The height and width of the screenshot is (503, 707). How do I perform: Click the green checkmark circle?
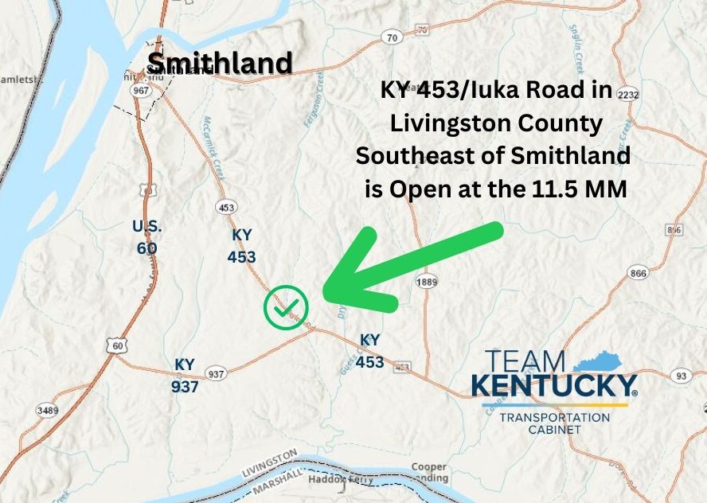click(x=286, y=306)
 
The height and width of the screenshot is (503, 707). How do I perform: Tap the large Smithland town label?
click(x=220, y=63)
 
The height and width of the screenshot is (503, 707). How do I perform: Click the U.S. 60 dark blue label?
click(x=147, y=237)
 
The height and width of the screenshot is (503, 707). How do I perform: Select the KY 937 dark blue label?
click(x=185, y=375)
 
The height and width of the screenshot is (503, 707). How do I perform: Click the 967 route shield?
click(x=143, y=91)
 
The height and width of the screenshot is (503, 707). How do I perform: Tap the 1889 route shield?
click(x=427, y=282)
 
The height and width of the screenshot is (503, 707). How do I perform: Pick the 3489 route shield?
click(x=46, y=410)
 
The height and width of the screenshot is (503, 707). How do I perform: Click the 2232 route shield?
click(x=627, y=94)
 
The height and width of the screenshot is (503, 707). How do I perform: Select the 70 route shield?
click(x=391, y=37)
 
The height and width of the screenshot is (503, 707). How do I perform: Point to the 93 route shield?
click(x=681, y=375)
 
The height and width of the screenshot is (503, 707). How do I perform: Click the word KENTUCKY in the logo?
click(x=553, y=386)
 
